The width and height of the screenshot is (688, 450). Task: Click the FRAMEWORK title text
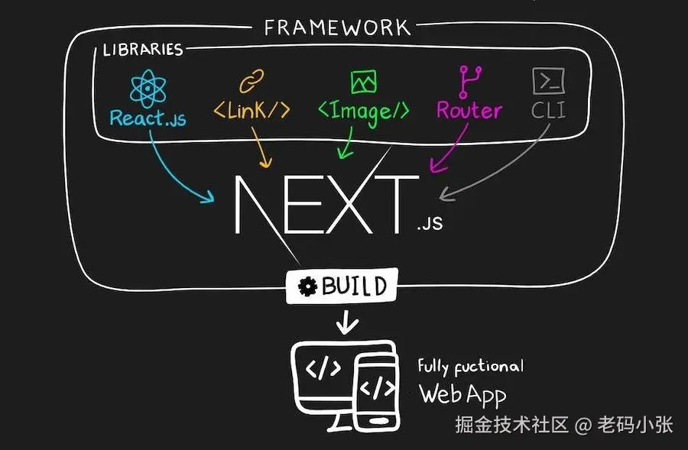[x=337, y=28]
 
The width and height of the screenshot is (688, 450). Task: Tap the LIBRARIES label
[x=143, y=50]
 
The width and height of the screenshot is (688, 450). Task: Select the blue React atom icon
[x=148, y=88]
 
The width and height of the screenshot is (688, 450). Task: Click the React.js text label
[x=148, y=118]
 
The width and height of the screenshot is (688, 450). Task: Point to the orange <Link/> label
[x=252, y=111]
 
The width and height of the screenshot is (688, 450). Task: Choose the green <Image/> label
[x=363, y=112]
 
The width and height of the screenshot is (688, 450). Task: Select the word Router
[x=469, y=111]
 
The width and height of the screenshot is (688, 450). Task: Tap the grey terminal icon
[x=548, y=80]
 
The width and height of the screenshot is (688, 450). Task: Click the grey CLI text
[x=548, y=111]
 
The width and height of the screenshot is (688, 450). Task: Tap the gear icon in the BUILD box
[x=308, y=287]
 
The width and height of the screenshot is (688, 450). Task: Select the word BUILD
[x=353, y=287]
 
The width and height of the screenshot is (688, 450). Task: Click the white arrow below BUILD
[x=348, y=322]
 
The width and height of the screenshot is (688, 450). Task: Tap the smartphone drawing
[x=377, y=390]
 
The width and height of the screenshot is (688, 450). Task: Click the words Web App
[x=462, y=394]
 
